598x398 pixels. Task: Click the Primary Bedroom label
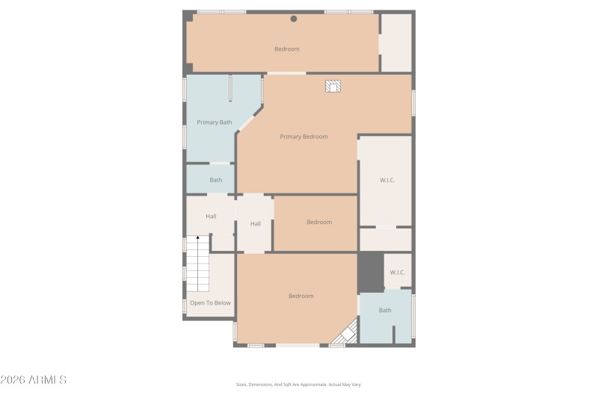coord(303,137)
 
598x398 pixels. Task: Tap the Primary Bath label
coord(215,122)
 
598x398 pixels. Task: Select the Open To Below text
coord(210,302)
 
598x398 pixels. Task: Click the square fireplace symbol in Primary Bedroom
coord(333,87)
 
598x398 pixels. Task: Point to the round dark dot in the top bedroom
coord(294,19)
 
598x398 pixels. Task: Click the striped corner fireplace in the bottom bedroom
coord(346,334)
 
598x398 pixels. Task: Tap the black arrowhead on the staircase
coord(197,238)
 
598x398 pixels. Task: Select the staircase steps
coord(197,265)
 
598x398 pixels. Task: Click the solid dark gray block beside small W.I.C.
coord(370,273)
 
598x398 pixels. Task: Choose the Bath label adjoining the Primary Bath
coord(215,180)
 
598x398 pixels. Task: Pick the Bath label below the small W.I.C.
coord(385,310)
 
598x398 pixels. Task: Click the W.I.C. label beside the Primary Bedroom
coord(387,179)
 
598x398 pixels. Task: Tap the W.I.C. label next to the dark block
coord(397,272)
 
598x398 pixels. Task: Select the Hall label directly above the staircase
coord(211,217)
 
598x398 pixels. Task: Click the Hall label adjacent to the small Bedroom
coord(256,223)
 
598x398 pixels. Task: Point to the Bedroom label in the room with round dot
coord(286,49)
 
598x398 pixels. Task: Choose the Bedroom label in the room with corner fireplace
coord(301,296)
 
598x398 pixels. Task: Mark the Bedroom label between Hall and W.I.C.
coord(319,222)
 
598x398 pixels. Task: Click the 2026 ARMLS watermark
coord(34,380)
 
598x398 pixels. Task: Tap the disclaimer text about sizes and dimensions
coord(298,385)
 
